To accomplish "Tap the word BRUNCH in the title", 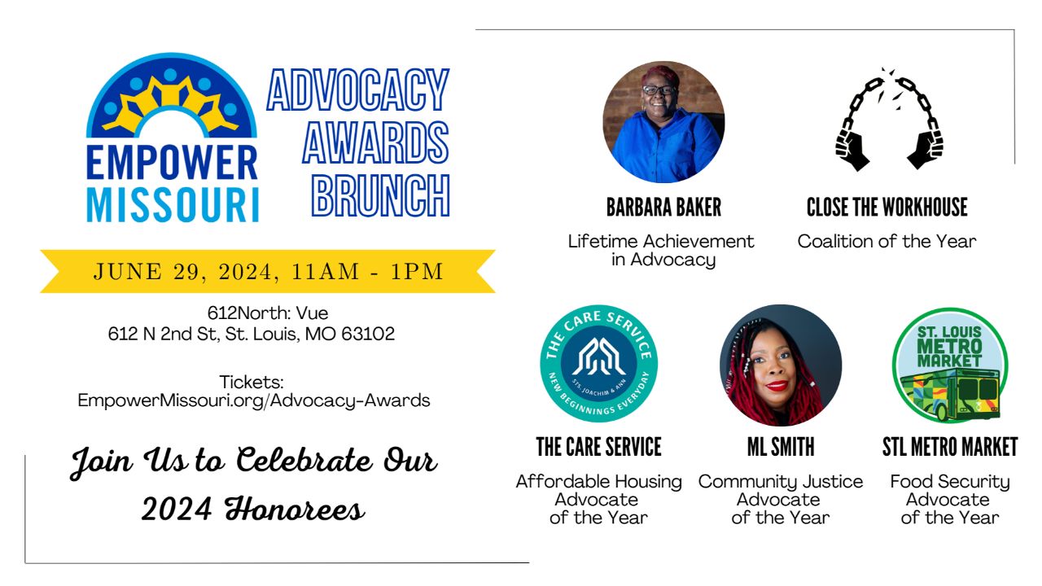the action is (381, 196).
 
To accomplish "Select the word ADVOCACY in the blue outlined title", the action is (358, 90).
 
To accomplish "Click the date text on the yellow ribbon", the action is (269, 272).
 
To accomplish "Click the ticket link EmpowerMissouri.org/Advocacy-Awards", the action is (254, 400).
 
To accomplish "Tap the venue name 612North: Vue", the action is (268, 313).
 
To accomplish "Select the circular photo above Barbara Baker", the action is (663, 122).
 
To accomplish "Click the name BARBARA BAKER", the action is (663, 208).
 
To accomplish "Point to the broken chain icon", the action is (889, 120).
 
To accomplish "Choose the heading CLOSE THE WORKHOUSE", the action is (887, 208).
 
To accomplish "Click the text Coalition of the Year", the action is (887, 242).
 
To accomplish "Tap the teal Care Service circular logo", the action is (598, 364).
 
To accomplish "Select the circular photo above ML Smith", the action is (781, 365).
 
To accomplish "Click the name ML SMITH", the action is (781, 447).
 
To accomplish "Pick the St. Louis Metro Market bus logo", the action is (950, 365).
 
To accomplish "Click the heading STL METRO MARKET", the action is (950, 447).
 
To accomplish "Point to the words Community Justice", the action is (781, 482).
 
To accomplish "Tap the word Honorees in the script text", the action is (295, 509).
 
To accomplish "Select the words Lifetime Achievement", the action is (661, 242).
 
